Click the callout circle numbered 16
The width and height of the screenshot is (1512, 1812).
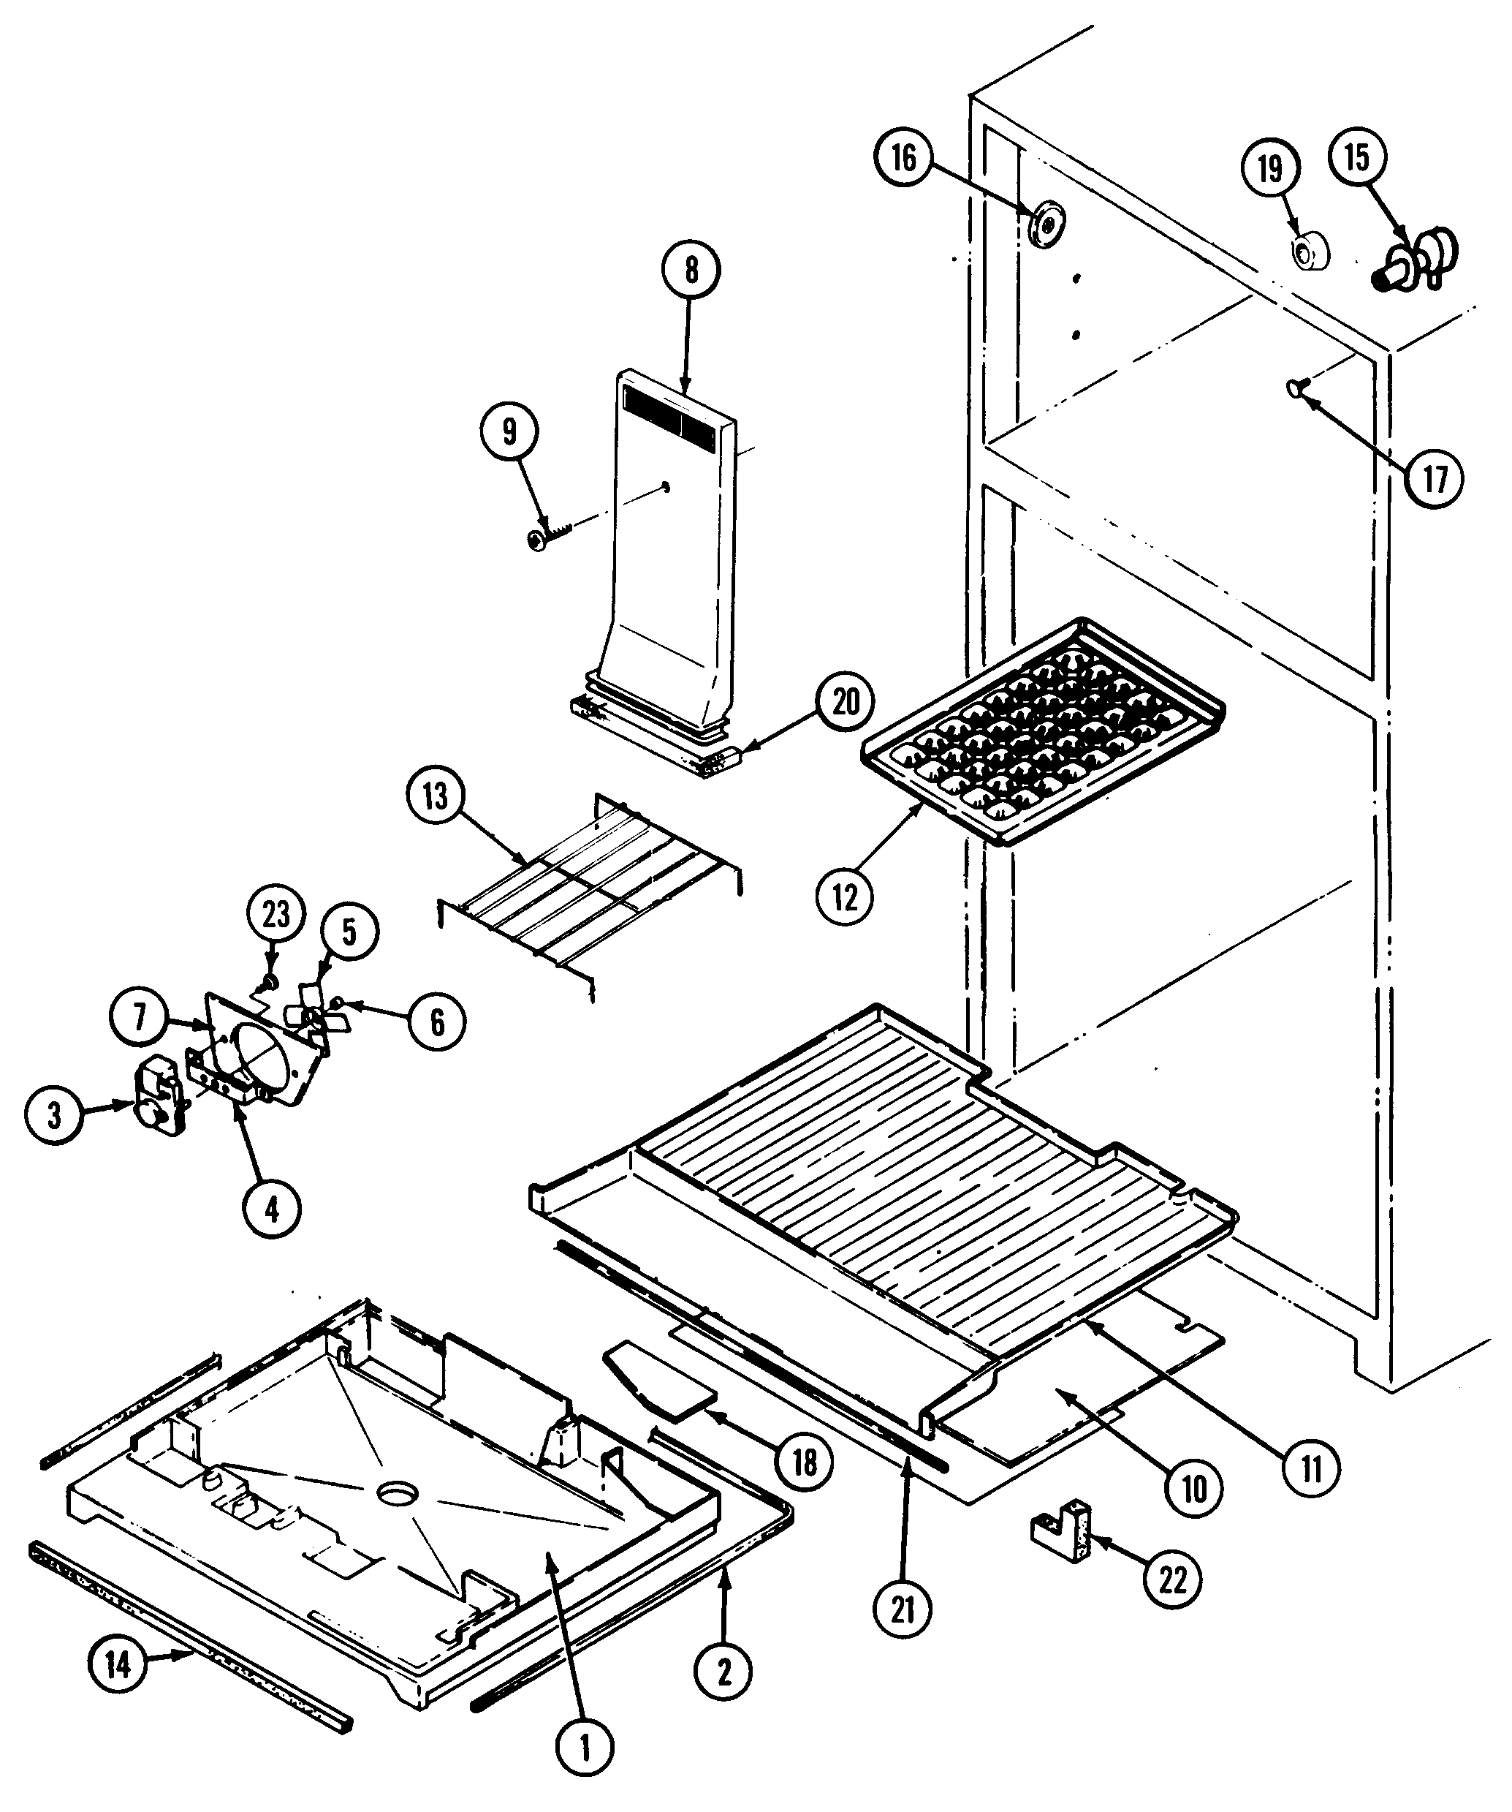(903, 158)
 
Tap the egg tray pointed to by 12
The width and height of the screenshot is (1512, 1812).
(1044, 731)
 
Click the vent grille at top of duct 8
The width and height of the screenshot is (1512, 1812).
(670, 427)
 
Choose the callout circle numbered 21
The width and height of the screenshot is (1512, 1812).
(903, 1609)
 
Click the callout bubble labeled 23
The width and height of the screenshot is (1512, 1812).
(276, 915)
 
